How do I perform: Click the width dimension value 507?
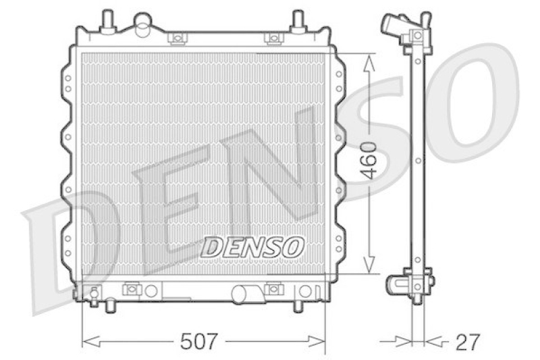click(200, 342)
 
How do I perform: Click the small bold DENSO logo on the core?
click(253, 247)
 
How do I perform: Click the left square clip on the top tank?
click(178, 38)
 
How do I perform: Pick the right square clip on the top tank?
click(273, 38)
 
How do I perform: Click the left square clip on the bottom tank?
click(132, 290)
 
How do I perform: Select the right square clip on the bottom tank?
click(273, 290)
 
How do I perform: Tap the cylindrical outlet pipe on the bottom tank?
click(246, 294)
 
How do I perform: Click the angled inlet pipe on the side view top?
click(393, 26)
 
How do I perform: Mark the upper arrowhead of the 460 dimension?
click(369, 61)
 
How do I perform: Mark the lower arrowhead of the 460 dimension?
click(369, 267)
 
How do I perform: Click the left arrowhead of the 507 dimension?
click(88, 342)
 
